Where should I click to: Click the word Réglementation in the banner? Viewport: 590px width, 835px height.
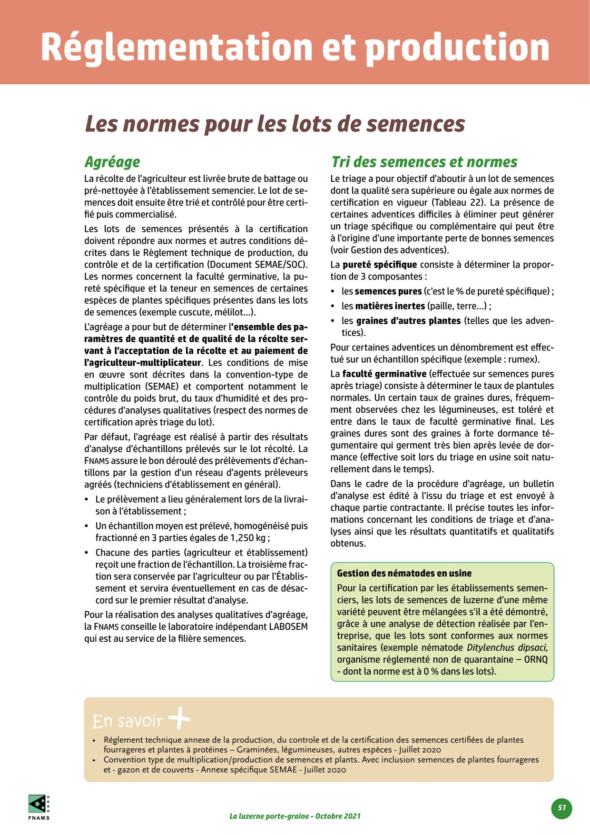point(176,48)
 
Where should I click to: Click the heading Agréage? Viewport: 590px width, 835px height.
point(112,162)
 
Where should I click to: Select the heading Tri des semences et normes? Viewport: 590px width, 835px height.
point(424,162)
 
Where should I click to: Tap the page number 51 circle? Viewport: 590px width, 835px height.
point(562,808)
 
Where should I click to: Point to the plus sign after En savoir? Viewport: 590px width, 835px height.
point(179,719)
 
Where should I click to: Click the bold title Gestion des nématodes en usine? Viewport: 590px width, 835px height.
point(404,573)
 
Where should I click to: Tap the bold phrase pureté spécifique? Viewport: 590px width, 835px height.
point(379,265)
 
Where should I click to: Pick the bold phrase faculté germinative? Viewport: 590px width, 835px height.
point(384,374)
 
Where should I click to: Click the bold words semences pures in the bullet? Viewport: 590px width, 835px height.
point(388,291)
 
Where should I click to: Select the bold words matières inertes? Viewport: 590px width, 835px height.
point(390,306)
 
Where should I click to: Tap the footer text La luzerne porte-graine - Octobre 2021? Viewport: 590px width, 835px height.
point(295,816)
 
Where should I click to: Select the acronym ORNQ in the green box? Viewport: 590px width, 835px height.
point(536,660)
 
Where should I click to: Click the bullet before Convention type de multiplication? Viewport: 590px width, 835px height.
point(94,760)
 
